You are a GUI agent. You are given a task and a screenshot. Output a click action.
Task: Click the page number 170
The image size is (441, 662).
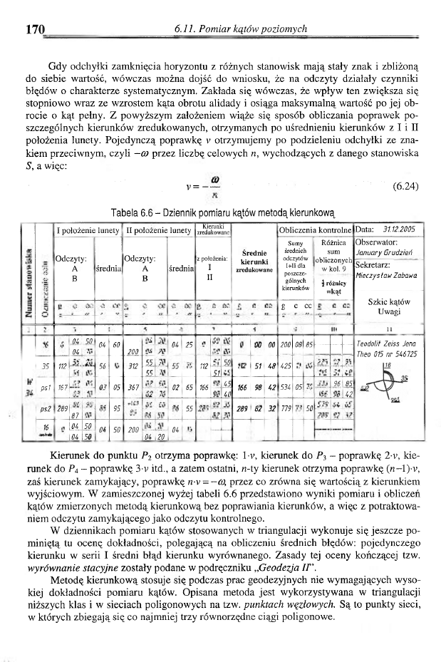point(35,29)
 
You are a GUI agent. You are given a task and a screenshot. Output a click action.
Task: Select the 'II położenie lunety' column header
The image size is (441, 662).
point(156,230)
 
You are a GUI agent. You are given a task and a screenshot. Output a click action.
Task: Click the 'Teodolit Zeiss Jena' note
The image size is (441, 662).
point(385,343)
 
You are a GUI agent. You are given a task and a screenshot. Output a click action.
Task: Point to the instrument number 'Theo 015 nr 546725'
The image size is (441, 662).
point(386,353)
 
